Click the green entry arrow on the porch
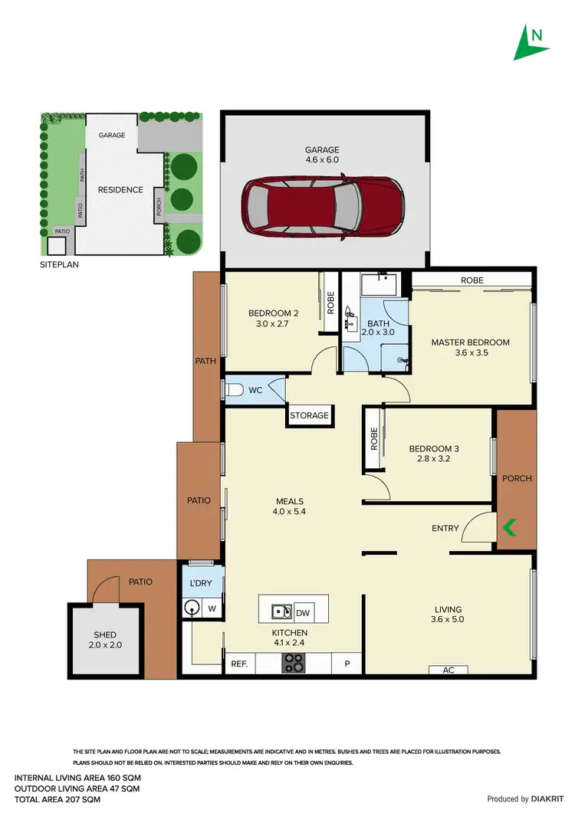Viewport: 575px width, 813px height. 508,527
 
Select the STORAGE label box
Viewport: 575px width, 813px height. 309,415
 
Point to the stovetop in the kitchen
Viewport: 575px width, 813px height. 294,662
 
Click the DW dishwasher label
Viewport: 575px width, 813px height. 302,612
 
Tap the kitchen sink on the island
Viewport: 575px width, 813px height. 281,611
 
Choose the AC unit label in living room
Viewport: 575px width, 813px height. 449,670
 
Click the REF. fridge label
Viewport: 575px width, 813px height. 238,664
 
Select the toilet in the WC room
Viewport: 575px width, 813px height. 235,390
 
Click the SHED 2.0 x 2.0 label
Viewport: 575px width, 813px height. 104,640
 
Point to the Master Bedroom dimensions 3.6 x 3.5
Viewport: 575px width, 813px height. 470,353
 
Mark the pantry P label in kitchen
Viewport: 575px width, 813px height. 347,664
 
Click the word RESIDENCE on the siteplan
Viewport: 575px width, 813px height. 120,189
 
